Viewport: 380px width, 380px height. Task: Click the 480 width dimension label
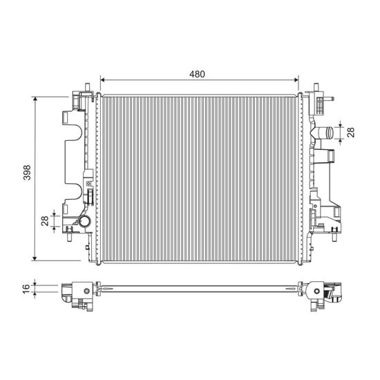pos(197,74)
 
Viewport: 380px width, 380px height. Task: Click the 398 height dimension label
pos(27,173)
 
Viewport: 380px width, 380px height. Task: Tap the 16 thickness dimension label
pos(26,289)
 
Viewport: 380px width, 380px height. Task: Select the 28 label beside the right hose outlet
pos(351,133)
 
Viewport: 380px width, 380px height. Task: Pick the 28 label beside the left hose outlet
pos(45,221)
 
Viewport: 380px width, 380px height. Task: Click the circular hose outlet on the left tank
pos(84,222)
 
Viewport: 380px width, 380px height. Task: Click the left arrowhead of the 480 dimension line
pos(102,80)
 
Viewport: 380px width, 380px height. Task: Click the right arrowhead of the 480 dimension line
pos(296,80)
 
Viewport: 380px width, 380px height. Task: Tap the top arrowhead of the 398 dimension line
pos(35,99)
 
